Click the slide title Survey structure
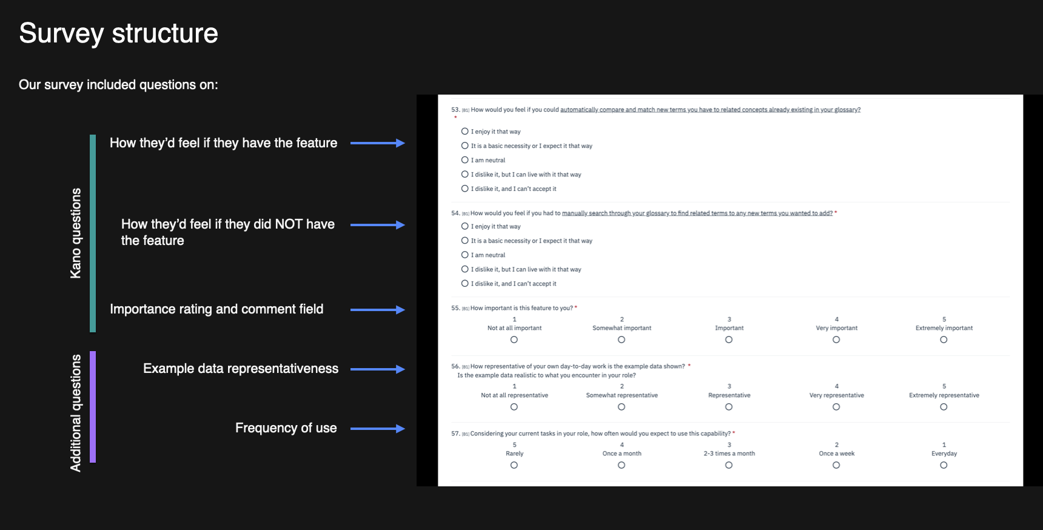[x=118, y=33]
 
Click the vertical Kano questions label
[x=76, y=233]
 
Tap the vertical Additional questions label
[x=76, y=413]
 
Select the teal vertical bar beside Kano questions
[x=93, y=233]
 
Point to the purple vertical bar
[x=93, y=407]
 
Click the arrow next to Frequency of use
[x=377, y=429]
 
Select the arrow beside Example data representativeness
[x=377, y=369]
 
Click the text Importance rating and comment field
[x=216, y=309]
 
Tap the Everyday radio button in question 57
[x=944, y=465]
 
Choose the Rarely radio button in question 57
[x=514, y=465]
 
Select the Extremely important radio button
[x=944, y=340]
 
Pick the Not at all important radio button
[x=514, y=340]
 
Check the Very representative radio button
[x=836, y=407]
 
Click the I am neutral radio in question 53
[x=465, y=160]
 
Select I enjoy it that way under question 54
[x=465, y=226]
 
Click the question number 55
[x=455, y=308]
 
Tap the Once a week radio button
[x=836, y=465]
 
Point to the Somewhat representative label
[x=622, y=395]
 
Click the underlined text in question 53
[x=710, y=110]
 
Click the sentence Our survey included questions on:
[x=118, y=85]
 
